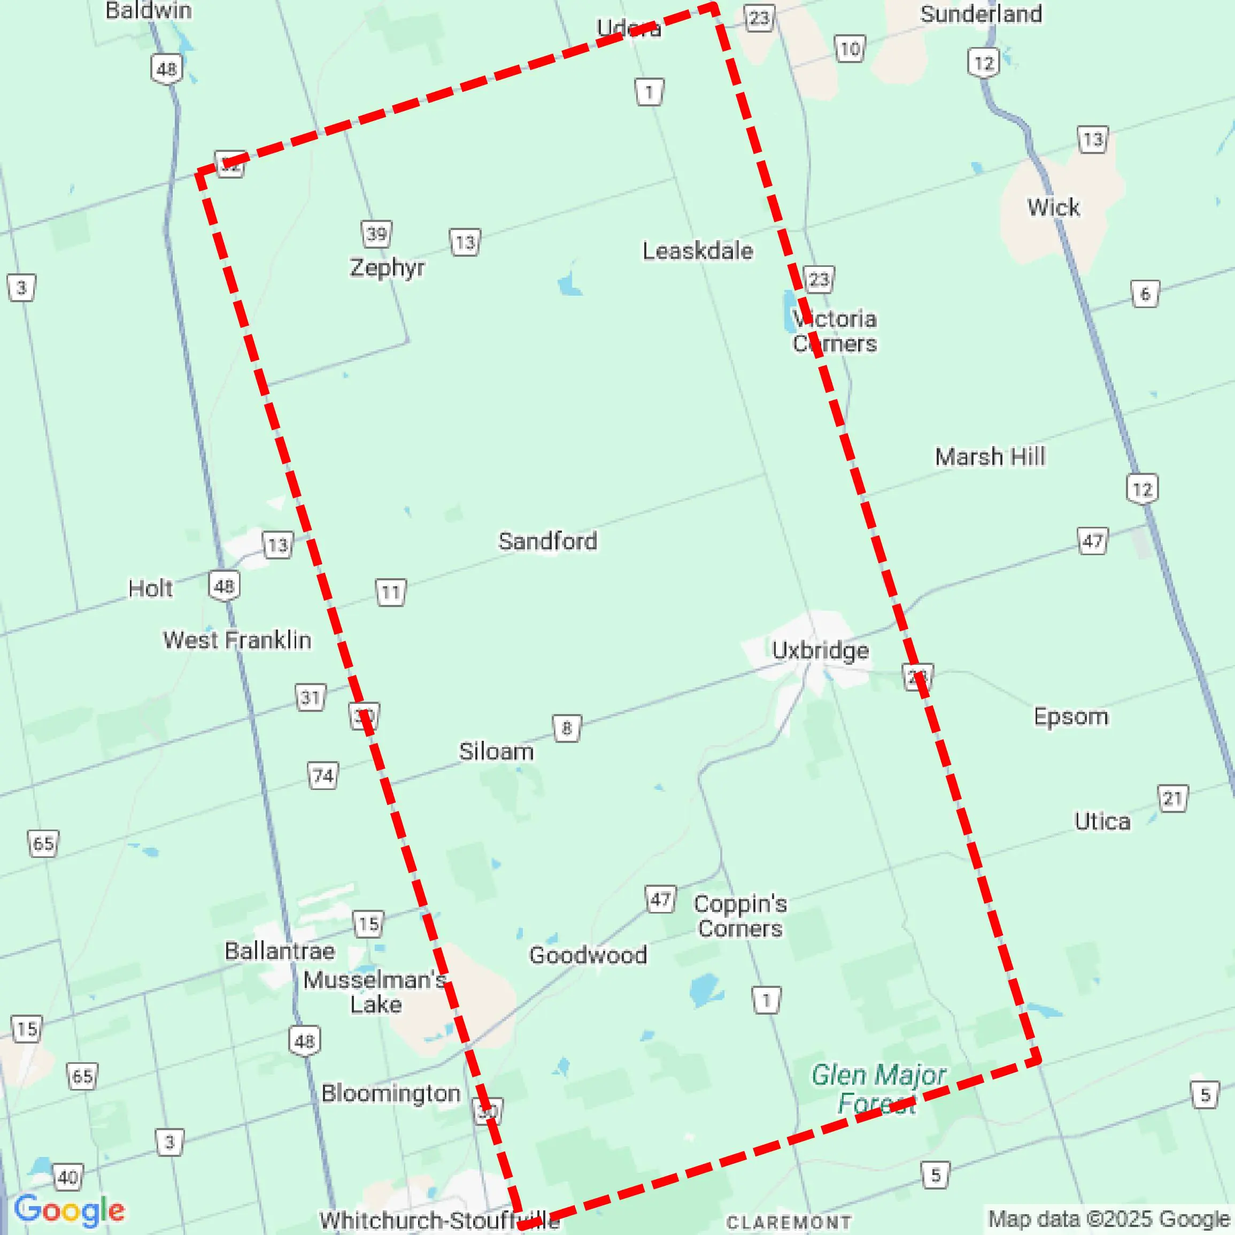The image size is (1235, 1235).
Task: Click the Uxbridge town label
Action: (820, 650)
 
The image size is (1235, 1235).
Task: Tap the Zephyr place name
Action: (387, 267)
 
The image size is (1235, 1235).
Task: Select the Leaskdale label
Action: (697, 251)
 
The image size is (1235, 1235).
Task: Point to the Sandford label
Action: (548, 541)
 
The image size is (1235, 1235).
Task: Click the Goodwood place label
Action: (588, 955)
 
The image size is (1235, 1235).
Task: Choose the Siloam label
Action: (496, 751)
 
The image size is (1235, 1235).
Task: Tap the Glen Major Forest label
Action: (878, 1088)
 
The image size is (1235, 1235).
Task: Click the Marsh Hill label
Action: (990, 457)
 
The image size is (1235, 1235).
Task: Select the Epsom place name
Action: (1071, 716)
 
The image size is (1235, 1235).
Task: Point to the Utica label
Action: (1102, 821)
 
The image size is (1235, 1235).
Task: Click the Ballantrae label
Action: (279, 951)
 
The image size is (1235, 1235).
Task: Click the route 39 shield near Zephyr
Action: (376, 234)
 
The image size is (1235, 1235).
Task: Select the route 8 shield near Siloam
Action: (566, 728)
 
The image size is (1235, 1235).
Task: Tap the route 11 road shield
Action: (391, 593)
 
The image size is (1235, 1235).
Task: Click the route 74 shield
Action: (323, 776)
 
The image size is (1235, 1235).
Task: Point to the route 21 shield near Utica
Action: (1172, 798)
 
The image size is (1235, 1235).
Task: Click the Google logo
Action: (69, 1211)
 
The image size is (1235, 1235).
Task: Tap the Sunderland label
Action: (981, 14)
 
